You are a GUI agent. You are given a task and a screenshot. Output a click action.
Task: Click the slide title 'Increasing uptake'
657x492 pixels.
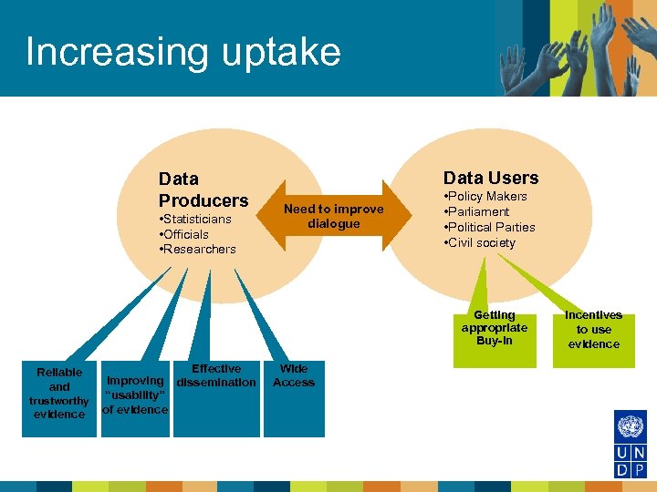pyautogui.click(x=182, y=52)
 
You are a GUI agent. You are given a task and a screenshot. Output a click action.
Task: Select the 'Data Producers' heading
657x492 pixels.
pyautogui.click(x=203, y=190)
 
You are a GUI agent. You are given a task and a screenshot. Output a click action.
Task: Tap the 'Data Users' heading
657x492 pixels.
pyautogui.click(x=491, y=178)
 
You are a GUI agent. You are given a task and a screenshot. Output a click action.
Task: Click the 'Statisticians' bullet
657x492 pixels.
pyautogui.click(x=196, y=220)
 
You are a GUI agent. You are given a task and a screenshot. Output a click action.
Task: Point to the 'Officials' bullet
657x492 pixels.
pyautogui.click(x=185, y=234)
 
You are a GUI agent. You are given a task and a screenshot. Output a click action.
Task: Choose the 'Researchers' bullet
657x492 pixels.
pyautogui.click(x=198, y=249)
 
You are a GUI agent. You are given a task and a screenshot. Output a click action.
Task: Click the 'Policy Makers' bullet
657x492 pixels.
pyautogui.click(x=486, y=197)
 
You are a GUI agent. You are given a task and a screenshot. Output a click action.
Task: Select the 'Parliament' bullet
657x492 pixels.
pyautogui.click(x=477, y=212)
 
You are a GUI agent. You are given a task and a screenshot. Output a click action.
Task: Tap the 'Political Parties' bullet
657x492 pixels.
pyautogui.click(x=491, y=227)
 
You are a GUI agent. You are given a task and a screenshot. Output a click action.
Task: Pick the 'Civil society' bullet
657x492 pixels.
pyautogui.click(x=481, y=242)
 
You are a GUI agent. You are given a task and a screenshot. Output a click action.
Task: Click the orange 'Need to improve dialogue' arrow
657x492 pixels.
pyautogui.click(x=334, y=217)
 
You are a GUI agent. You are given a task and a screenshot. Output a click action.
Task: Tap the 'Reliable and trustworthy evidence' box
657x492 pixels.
pyautogui.click(x=59, y=394)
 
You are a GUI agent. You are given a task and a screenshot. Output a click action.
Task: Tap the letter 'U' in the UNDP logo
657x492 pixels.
pyautogui.click(x=620, y=453)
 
